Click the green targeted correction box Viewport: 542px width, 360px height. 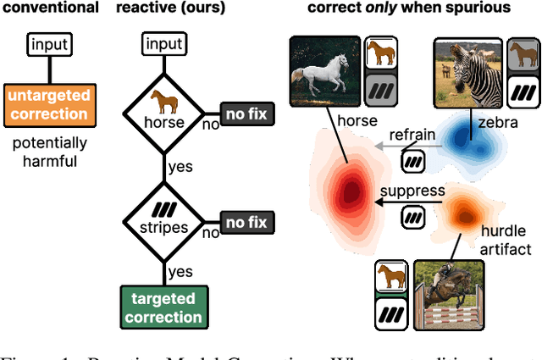(163, 308)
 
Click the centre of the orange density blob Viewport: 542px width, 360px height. (462, 208)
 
